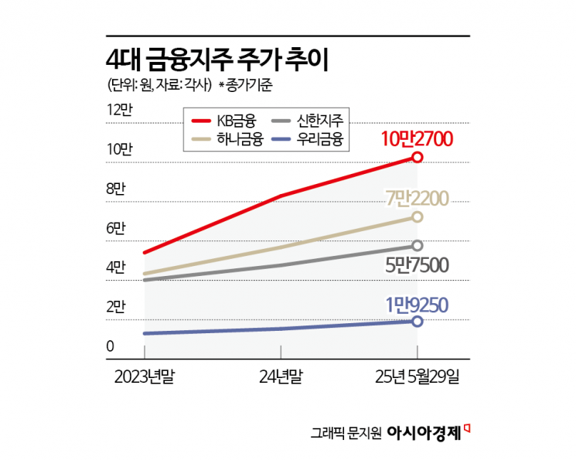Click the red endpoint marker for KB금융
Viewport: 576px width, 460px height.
[418, 157]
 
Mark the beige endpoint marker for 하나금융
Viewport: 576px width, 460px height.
[418, 217]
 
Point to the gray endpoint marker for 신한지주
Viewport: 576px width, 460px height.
[418, 246]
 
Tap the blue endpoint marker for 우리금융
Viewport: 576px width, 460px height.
[418, 321]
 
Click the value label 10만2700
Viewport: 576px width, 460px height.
[421, 138]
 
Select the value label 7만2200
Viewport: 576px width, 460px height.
[418, 198]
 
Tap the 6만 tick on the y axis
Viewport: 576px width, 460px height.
[116, 229]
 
